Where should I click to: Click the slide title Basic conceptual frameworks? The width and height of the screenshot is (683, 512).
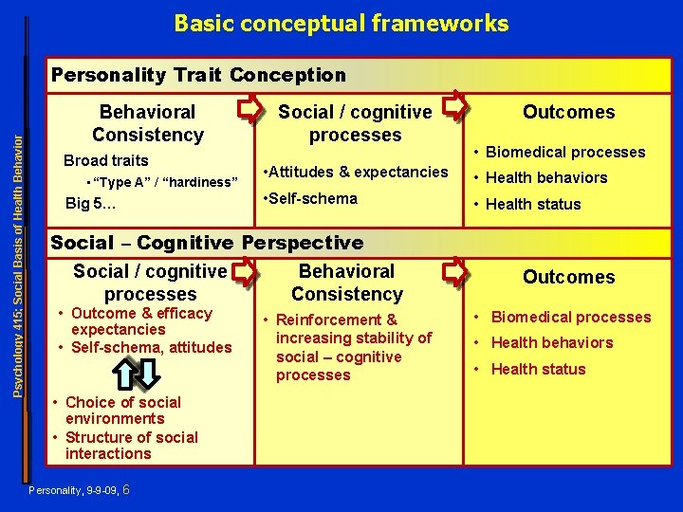[341, 24]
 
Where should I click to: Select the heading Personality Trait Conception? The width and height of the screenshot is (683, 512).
[198, 74]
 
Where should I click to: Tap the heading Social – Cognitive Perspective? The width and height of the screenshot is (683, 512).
[207, 242]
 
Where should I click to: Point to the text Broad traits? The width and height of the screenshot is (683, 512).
[105, 160]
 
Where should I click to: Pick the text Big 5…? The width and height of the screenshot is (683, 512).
[91, 203]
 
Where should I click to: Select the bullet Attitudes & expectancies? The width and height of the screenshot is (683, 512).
[356, 172]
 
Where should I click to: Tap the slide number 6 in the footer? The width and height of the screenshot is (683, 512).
[127, 489]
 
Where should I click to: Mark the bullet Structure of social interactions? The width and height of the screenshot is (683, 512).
[129, 446]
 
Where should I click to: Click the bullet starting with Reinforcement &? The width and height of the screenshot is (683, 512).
[351, 347]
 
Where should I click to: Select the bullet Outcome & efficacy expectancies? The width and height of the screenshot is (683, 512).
[138, 320]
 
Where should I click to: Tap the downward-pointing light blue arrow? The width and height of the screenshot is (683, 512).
[147, 375]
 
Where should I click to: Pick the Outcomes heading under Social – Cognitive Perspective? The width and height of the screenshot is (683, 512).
[568, 277]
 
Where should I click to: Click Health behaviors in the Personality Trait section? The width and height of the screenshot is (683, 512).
[546, 177]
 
